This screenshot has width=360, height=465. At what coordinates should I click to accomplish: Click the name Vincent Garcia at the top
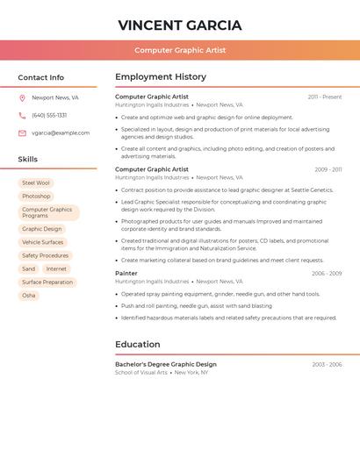180,25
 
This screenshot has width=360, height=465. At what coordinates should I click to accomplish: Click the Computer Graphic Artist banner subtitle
180,50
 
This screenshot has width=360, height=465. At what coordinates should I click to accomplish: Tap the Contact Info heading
40,77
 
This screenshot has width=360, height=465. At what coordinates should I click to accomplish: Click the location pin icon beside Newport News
22,97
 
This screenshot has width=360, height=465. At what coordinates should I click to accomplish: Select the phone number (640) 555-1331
49,115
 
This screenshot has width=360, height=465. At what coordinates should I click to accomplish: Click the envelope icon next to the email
22,133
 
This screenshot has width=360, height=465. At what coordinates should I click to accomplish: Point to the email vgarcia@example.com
61,133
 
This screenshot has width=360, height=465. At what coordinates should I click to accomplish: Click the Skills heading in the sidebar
28,160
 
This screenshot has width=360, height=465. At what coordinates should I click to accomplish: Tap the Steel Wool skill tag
36,183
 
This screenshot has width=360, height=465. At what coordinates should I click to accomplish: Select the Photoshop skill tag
36,197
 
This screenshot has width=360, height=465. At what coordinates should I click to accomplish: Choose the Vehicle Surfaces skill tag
43,242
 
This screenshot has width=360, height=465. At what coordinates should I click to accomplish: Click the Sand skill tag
29,269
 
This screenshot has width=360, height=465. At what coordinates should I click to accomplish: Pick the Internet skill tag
56,269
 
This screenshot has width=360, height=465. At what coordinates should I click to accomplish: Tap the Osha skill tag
29,296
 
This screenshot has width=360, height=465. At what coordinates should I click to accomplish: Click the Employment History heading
161,77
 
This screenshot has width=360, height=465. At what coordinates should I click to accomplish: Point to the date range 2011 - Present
324,97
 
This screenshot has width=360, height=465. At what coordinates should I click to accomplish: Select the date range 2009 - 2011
328,169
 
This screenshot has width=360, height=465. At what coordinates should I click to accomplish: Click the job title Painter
126,274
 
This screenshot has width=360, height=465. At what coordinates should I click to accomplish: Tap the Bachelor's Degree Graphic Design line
166,364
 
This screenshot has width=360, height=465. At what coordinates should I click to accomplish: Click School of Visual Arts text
141,373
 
